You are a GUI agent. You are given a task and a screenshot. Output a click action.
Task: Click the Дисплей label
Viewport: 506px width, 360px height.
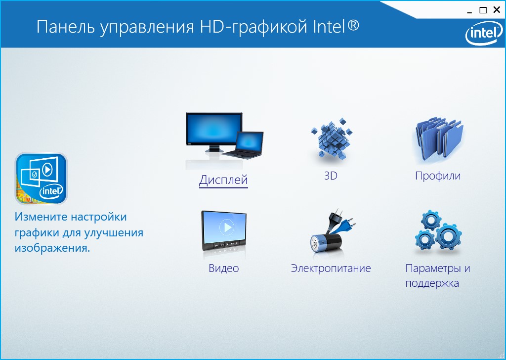(223, 180)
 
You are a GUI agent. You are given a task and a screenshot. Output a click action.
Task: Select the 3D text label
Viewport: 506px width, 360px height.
(331, 176)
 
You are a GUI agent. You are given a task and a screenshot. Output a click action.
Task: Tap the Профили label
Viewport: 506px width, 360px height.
(438, 176)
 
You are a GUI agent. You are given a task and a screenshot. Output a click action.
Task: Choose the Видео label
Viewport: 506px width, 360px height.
(224, 269)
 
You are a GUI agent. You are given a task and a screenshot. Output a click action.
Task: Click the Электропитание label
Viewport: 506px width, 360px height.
(331, 269)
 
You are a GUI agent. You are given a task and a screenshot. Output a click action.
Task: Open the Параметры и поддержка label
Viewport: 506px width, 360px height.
(438, 276)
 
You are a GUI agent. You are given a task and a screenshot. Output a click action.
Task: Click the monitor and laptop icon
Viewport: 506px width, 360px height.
(224, 136)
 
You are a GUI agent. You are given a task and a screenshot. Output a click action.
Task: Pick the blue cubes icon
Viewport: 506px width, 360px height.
(332, 138)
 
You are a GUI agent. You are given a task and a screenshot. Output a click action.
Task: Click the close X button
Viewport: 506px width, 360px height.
(497, 10)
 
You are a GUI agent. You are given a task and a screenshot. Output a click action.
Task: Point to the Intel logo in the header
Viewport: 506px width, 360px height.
(484, 33)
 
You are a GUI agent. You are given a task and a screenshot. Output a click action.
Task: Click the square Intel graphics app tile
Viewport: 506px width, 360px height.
(41, 179)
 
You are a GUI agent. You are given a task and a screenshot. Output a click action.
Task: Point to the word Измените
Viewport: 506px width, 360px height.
(41, 217)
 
